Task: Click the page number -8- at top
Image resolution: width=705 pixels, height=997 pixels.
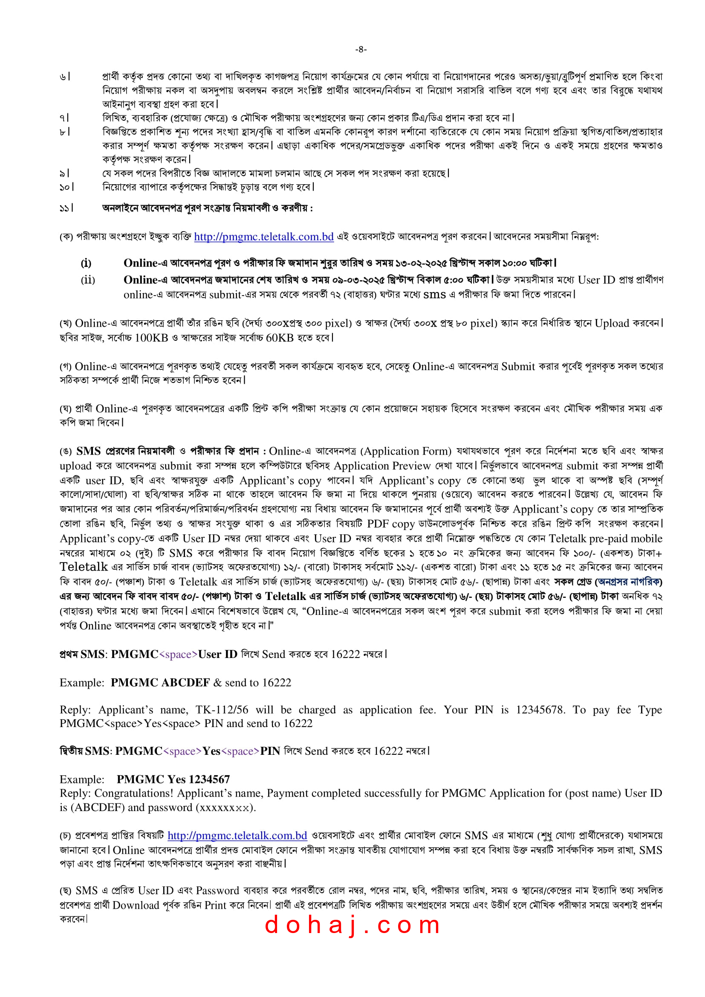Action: click(x=361, y=49)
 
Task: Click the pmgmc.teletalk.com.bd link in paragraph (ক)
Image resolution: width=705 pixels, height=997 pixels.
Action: click(x=263, y=237)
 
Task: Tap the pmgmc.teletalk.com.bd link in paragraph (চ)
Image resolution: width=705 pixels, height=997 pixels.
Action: click(x=237, y=835)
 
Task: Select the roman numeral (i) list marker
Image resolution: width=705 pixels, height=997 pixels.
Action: click(x=86, y=263)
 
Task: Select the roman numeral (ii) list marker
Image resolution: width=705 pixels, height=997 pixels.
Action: click(x=88, y=280)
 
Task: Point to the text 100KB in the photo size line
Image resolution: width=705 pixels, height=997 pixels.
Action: click(x=151, y=338)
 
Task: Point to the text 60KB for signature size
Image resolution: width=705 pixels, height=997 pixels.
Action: click(x=280, y=338)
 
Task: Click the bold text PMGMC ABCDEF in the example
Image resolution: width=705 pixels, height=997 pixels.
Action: click(x=160, y=683)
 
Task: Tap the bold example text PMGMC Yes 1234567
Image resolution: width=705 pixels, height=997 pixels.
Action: click(x=173, y=779)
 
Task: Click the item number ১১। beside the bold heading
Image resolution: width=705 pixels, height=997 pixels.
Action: click(x=66, y=209)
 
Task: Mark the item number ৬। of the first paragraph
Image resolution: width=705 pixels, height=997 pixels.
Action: click(x=65, y=77)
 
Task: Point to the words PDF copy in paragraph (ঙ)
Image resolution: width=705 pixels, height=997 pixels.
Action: click(x=391, y=524)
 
